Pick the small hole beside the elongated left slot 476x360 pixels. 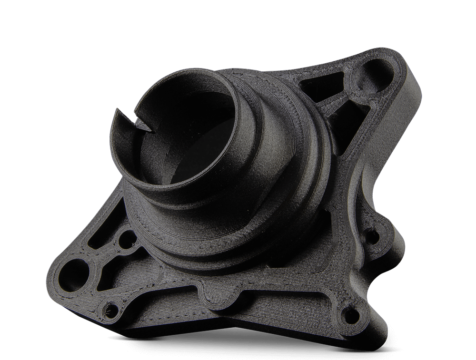coord(127,240)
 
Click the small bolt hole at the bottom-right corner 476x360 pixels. coord(351,314)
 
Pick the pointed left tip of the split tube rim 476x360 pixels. coord(116,110)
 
